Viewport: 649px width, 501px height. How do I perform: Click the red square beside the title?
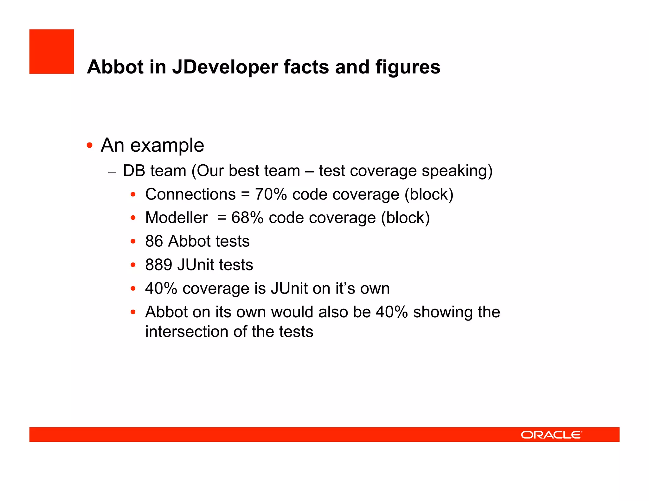tap(52, 52)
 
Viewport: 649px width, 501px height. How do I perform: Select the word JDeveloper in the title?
tap(225, 67)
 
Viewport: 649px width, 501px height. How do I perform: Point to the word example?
tap(167, 146)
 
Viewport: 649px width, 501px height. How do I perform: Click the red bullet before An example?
tap(90, 146)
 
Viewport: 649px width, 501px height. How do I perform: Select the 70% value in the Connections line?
tap(271, 194)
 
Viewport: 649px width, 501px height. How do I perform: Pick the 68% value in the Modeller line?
tap(247, 218)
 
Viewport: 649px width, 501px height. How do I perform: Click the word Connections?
tap(190, 194)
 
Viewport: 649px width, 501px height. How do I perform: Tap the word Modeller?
tap(177, 218)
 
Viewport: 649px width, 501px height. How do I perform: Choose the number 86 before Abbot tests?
tap(154, 241)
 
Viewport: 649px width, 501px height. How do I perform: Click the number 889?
tap(158, 265)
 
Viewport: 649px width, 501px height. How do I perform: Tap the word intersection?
tap(187, 332)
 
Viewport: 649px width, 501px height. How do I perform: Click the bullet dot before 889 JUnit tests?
tap(133, 265)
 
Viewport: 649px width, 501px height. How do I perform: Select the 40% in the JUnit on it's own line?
tap(161, 289)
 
